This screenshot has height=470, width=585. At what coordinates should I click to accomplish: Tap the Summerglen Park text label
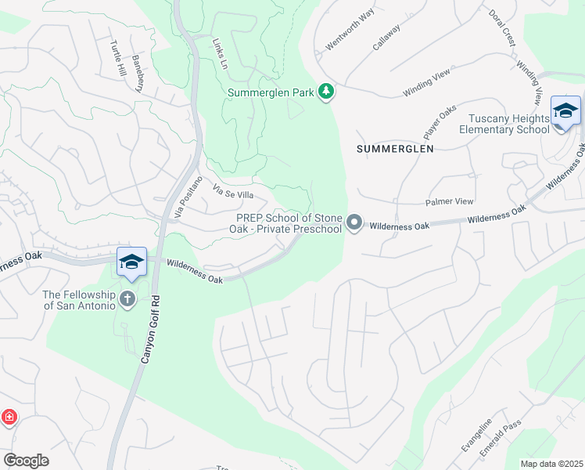271,92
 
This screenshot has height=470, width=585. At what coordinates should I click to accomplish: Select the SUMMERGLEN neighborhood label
395,147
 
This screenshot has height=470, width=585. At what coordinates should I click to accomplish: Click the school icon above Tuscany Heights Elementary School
565,111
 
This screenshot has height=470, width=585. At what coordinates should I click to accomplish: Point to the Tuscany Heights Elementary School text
509,124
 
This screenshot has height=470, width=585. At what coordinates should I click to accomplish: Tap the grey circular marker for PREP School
354,223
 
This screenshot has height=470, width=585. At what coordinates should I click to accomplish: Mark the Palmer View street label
449,201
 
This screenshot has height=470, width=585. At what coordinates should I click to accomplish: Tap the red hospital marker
9,417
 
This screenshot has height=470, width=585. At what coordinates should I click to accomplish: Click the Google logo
26,461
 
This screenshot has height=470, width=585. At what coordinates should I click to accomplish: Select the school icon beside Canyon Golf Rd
131,262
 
